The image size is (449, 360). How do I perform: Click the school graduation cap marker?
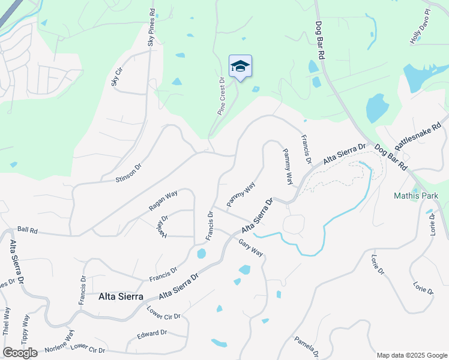coord(240,67)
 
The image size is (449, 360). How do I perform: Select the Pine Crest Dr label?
coord(221,96)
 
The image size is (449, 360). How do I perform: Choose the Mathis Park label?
coord(416,196)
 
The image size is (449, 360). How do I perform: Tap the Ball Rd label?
coord(28,230)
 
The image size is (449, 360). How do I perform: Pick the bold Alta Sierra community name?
coord(121,296)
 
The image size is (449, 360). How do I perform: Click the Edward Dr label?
coord(151,334)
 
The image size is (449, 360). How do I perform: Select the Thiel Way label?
coord(7,321)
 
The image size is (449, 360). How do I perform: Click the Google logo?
coord(20,353)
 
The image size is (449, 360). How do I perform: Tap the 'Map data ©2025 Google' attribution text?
coord(411,355)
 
